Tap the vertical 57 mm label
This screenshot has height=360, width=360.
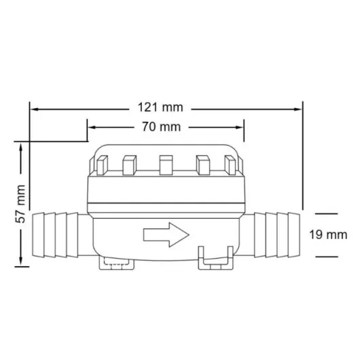coord(20,204)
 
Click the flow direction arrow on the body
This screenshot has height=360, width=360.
coord(166,236)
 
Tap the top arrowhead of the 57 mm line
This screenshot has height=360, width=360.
coord(24,146)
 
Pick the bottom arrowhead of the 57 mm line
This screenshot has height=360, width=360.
coord(24,262)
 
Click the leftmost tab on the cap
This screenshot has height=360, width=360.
coord(99,164)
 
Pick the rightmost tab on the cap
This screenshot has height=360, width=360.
coord(232,164)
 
